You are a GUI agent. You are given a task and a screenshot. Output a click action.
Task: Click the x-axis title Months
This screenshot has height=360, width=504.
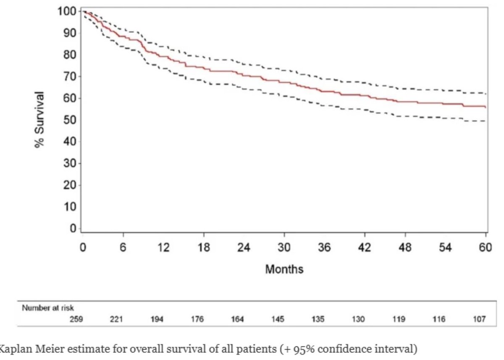(x=284, y=269)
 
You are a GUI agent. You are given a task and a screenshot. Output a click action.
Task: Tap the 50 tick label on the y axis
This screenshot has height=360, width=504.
(x=70, y=120)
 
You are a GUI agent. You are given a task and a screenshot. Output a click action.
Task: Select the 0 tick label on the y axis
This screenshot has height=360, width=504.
(x=73, y=229)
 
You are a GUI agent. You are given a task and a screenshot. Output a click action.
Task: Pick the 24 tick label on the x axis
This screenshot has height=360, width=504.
(x=244, y=247)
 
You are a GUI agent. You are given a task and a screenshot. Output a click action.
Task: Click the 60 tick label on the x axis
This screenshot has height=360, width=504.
(x=486, y=247)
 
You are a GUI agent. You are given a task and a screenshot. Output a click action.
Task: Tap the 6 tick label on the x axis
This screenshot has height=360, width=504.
(x=123, y=247)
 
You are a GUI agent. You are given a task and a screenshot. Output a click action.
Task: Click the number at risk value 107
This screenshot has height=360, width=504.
(x=479, y=319)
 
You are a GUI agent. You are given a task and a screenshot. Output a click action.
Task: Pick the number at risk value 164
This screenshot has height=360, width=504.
(x=237, y=319)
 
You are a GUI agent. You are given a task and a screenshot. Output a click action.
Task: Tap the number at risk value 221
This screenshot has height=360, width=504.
(x=116, y=319)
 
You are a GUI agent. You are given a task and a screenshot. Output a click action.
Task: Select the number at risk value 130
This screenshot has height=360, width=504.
(x=358, y=319)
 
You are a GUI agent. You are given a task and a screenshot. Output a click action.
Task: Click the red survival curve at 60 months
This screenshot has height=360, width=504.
(x=485, y=107)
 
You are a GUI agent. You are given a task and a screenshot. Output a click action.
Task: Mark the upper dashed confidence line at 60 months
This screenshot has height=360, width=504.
(x=485, y=93)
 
